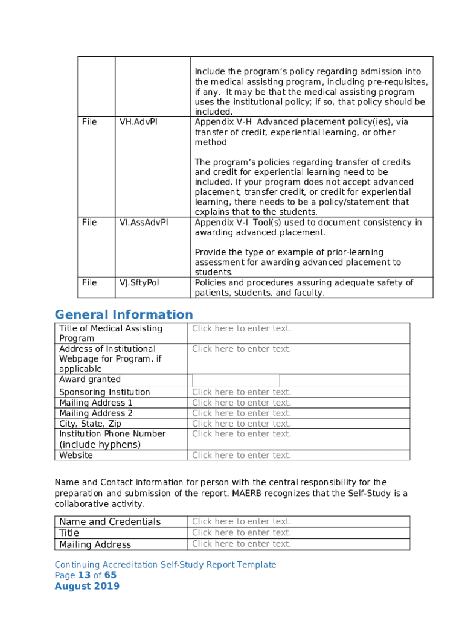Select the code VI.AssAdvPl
(144, 222)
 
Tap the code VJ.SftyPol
(139, 282)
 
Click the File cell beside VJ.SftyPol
(89, 282)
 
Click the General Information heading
(124, 314)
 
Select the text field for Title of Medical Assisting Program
(242, 328)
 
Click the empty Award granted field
(236, 380)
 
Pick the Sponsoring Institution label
(104, 392)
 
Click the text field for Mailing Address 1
(242, 403)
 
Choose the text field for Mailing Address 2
(242, 413)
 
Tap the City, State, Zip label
(90, 424)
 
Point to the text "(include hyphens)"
(100, 445)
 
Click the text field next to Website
(242, 456)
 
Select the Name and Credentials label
(110, 522)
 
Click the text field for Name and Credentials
(242, 521)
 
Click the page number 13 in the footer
(84, 575)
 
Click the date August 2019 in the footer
(87, 586)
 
